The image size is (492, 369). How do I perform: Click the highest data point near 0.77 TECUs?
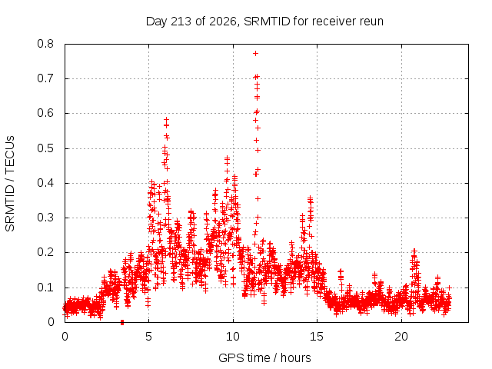coord(256,54)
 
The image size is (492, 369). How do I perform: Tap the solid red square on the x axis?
coord(122,323)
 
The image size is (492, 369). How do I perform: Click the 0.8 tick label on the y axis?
coord(45,44)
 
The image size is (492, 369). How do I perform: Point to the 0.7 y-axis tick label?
coord(45,78)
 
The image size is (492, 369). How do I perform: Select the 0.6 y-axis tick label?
coord(45,113)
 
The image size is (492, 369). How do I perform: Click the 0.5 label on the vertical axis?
coord(45,148)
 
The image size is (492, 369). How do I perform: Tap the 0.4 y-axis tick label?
coord(45,183)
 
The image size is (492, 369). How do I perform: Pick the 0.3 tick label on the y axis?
coord(45,218)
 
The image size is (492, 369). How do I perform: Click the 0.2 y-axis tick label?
coord(45,252)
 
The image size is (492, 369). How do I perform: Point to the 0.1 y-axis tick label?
coord(45,288)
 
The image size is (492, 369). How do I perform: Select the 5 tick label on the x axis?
coord(148,337)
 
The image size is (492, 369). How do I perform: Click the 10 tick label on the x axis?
coord(233,337)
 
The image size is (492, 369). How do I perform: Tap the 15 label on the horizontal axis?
coord(317,337)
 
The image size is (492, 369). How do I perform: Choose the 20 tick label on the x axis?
coord(401,337)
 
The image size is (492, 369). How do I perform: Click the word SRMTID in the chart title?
coord(267,22)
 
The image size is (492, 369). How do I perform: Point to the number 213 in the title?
coord(181,22)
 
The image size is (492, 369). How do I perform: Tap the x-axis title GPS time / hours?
coord(264,358)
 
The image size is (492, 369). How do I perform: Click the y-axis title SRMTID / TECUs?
coord(10,184)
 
